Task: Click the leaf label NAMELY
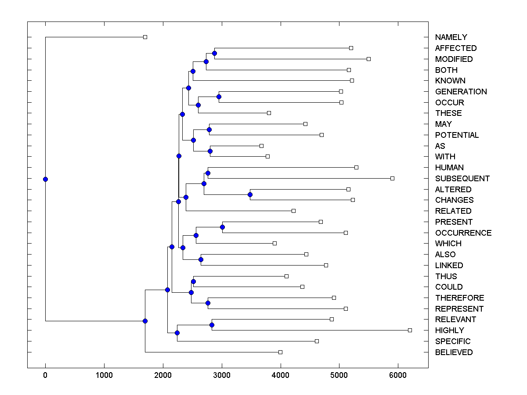[x=451, y=37]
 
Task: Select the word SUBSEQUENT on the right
[x=462, y=179]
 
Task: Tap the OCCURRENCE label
[x=463, y=233]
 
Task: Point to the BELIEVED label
[x=454, y=352]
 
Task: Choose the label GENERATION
[x=461, y=92]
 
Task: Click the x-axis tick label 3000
[x=222, y=376]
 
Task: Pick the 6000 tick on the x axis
[x=398, y=376]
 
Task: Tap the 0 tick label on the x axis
[x=45, y=376]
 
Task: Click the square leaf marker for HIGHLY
[x=410, y=330]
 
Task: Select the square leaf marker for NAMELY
[x=145, y=37]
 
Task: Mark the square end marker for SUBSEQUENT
[x=392, y=178]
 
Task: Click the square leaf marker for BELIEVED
[x=280, y=352]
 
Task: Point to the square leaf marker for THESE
[x=269, y=113]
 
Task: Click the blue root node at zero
[x=45, y=179]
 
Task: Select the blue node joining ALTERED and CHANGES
[x=250, y=194]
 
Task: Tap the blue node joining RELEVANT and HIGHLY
[x=212, y=325]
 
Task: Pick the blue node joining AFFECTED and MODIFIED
[x=214, y=53]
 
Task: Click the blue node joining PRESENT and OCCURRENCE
[x=222, y=227]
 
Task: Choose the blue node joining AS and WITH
[x=210, y=151]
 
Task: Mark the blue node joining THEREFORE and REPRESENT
[x=208, y=303]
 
